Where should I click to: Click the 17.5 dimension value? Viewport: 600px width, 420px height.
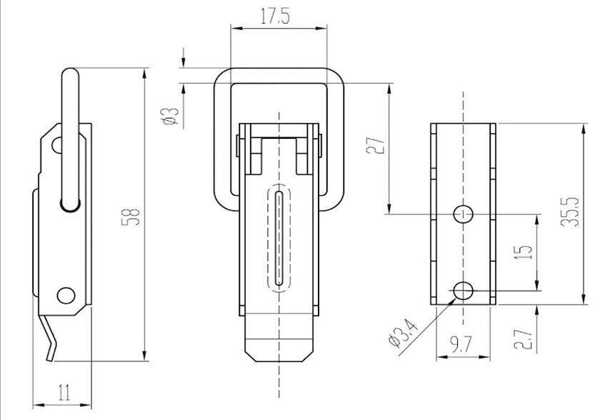(274, 18)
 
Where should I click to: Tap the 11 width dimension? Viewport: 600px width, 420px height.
(64, 391)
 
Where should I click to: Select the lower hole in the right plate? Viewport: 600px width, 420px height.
(463, 290)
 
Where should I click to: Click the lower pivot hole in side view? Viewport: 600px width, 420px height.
(66, 294)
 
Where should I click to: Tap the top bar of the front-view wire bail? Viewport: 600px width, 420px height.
(278, 75)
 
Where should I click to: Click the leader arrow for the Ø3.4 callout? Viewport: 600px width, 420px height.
(449, 303)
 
